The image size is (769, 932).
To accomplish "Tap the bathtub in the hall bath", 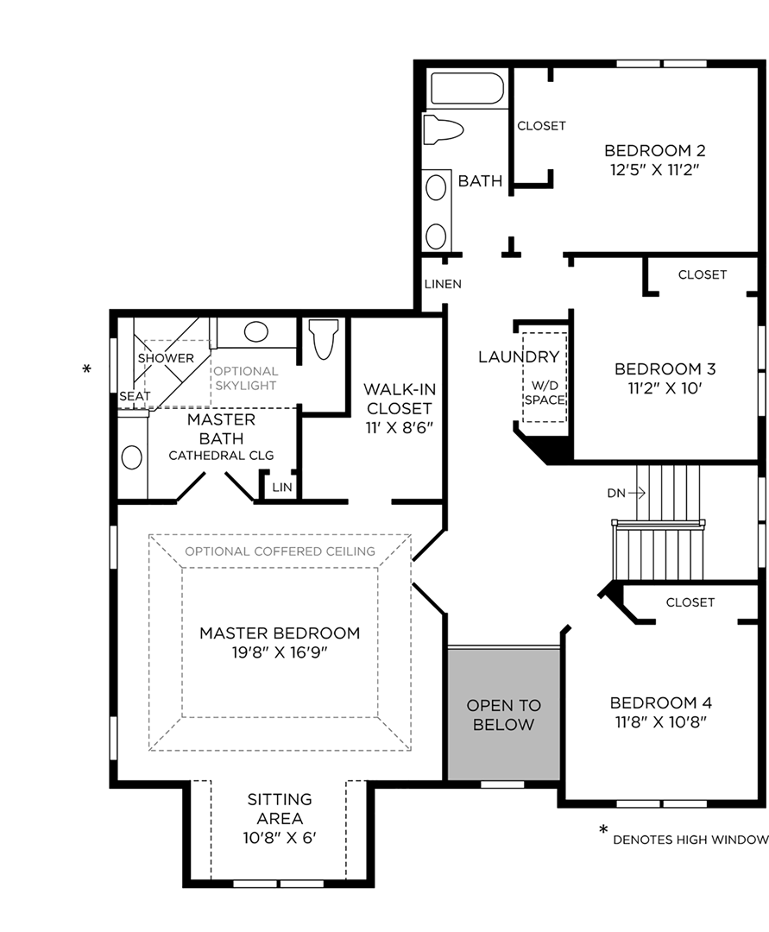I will point(467,90).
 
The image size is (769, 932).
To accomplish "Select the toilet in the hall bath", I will point(443,129).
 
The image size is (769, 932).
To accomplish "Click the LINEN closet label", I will point(443,284).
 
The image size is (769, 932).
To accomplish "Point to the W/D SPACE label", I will point(545,393).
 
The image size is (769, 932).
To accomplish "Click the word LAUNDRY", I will point(519,356).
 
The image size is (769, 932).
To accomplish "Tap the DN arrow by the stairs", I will point(627,493).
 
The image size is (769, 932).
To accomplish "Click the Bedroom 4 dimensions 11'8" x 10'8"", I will point(660,722).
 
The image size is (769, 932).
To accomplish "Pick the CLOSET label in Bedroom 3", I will point(702,274).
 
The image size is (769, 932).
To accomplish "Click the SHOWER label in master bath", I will point(166,358).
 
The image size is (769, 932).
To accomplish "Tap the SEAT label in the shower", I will point(135,396).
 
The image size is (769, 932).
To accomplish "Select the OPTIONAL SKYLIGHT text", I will point(246,378).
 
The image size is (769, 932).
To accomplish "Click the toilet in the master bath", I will point(324,339).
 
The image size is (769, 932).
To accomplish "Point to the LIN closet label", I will point(281,488).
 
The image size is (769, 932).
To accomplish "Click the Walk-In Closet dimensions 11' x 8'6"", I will point(397,426).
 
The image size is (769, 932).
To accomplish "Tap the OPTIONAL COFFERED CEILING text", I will point(280,551).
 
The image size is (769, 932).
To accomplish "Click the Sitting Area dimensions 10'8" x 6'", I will point(280,837).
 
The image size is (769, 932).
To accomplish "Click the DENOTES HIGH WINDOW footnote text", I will point(690,840).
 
